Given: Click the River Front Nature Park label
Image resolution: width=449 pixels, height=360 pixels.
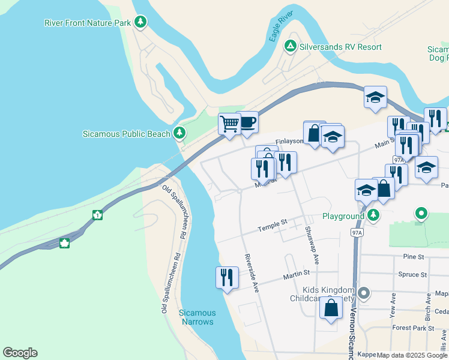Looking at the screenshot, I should [88, 23].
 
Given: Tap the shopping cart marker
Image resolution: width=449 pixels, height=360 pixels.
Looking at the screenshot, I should [229, 124].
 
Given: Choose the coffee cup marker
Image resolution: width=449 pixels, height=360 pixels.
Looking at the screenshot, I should [247, 122].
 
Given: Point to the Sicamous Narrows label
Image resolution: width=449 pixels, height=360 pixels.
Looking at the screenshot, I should [197, 317].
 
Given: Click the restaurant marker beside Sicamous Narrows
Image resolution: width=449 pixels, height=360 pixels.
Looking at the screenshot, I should [227, 277].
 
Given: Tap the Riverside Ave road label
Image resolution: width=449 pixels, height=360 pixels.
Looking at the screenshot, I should [252, 273].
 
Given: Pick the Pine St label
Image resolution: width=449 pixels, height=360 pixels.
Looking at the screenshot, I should [414, 257].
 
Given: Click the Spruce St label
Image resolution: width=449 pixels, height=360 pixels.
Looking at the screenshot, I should [412, 275].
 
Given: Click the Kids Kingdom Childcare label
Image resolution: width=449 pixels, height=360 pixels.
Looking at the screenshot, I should [324, 294].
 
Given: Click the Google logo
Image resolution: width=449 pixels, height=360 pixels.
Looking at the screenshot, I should [20, 353].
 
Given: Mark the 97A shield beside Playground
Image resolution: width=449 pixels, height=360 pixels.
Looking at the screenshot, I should [358, 232].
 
